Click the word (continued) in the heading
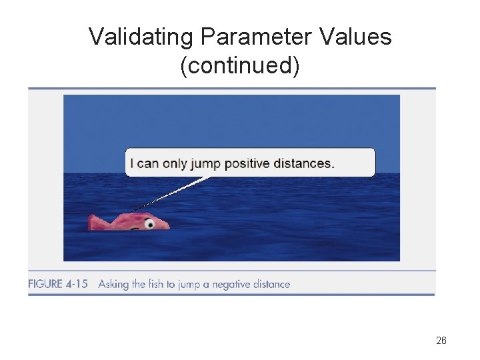240,66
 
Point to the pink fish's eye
149,224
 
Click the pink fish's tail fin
96,221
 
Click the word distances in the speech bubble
307,163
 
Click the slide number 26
441,341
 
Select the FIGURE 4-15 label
58,284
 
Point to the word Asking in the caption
113,284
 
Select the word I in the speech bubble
132,163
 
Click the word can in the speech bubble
147,164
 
